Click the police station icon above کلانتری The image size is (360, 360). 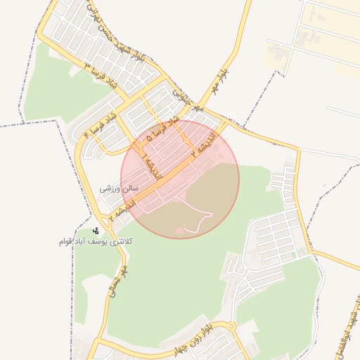click(x=96, y=229)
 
